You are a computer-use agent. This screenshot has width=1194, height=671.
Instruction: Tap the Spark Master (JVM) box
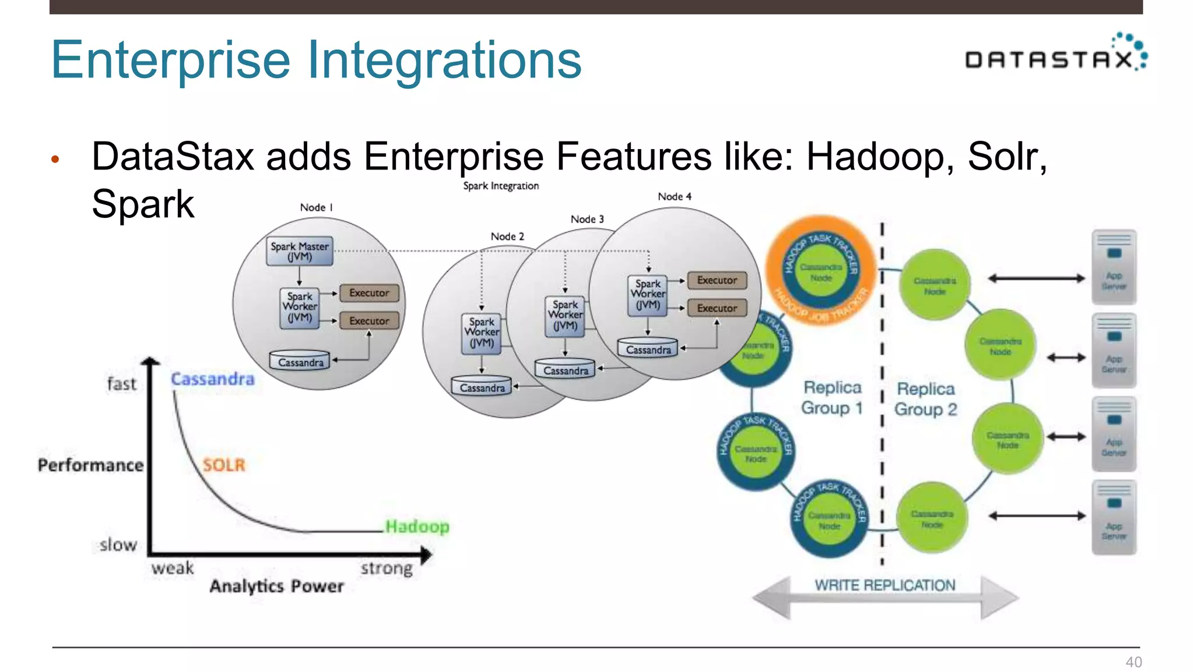(x=300, y=252)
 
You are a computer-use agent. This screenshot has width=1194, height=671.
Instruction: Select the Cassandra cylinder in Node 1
(x=300, y=361)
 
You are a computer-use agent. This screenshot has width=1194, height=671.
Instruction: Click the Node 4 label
(x=675, y=197)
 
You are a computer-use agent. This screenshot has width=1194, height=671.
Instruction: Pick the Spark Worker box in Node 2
(x=482, y=332)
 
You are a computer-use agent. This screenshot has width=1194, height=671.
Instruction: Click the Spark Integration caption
(x=501, y=186)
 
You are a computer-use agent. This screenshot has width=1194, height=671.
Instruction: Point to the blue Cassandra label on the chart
(x=213, y=379)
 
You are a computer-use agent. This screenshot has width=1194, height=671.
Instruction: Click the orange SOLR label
(x=224, y=465)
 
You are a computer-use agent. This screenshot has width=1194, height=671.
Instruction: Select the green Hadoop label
(x=417, y=527)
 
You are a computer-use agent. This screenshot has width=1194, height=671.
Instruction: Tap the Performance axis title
(x=90, y=465)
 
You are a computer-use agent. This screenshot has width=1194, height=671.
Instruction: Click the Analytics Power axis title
(x=276, y=586)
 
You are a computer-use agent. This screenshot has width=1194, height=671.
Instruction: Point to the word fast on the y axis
(x=121, y=384)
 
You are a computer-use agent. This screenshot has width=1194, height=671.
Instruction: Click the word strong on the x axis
(x=387, y=568)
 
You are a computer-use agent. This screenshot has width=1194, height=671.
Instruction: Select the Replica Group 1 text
(x=832, y=398)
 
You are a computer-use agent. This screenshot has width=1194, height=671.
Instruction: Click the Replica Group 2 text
(x=926, y=399)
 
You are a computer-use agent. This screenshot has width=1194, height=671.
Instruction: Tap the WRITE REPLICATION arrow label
(x=884, y=585)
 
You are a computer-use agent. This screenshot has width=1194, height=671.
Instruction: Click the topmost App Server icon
(x=1114, y=267)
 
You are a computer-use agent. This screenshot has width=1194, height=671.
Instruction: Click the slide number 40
(x=1133, y=662)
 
